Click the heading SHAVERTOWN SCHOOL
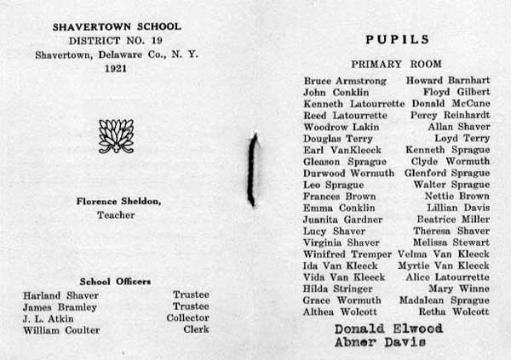pos(113,26)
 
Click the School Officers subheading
pos(115,281)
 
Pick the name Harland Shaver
pos(54,294)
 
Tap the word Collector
pos(188,318)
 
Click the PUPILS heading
pos(398,39)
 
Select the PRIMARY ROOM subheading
pos(397,64)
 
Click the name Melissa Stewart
pos(449,243)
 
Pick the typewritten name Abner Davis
pos(371,342)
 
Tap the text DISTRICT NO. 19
pos(113,41)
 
